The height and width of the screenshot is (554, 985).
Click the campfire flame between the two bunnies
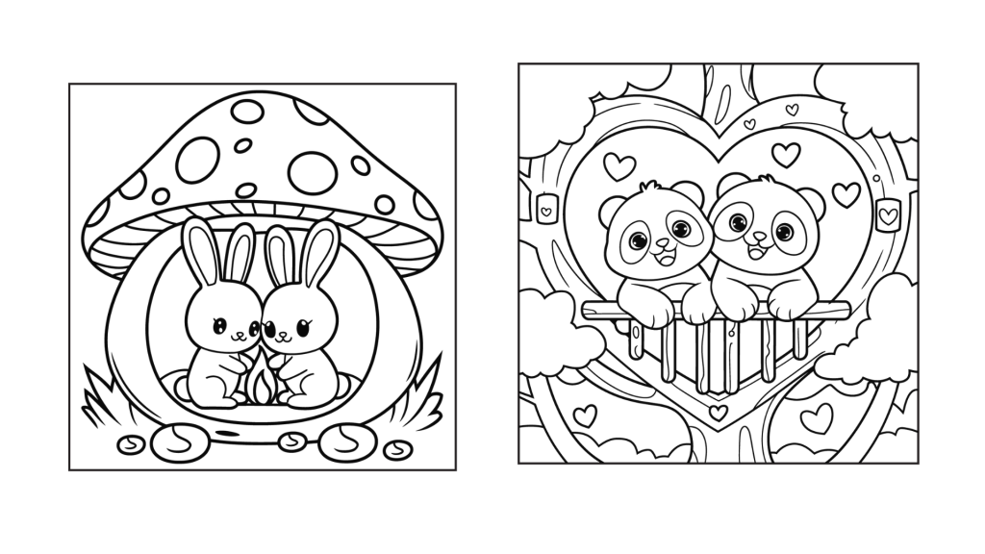260,381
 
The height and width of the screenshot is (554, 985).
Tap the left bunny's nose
235,337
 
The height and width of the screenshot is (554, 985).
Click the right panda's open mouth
756,252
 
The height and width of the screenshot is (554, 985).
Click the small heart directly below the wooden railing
718,413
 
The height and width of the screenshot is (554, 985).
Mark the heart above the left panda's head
619,165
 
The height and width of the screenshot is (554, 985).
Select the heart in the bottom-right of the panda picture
818,417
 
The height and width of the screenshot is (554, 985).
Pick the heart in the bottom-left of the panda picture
585,415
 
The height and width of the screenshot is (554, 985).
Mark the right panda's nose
758,237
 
